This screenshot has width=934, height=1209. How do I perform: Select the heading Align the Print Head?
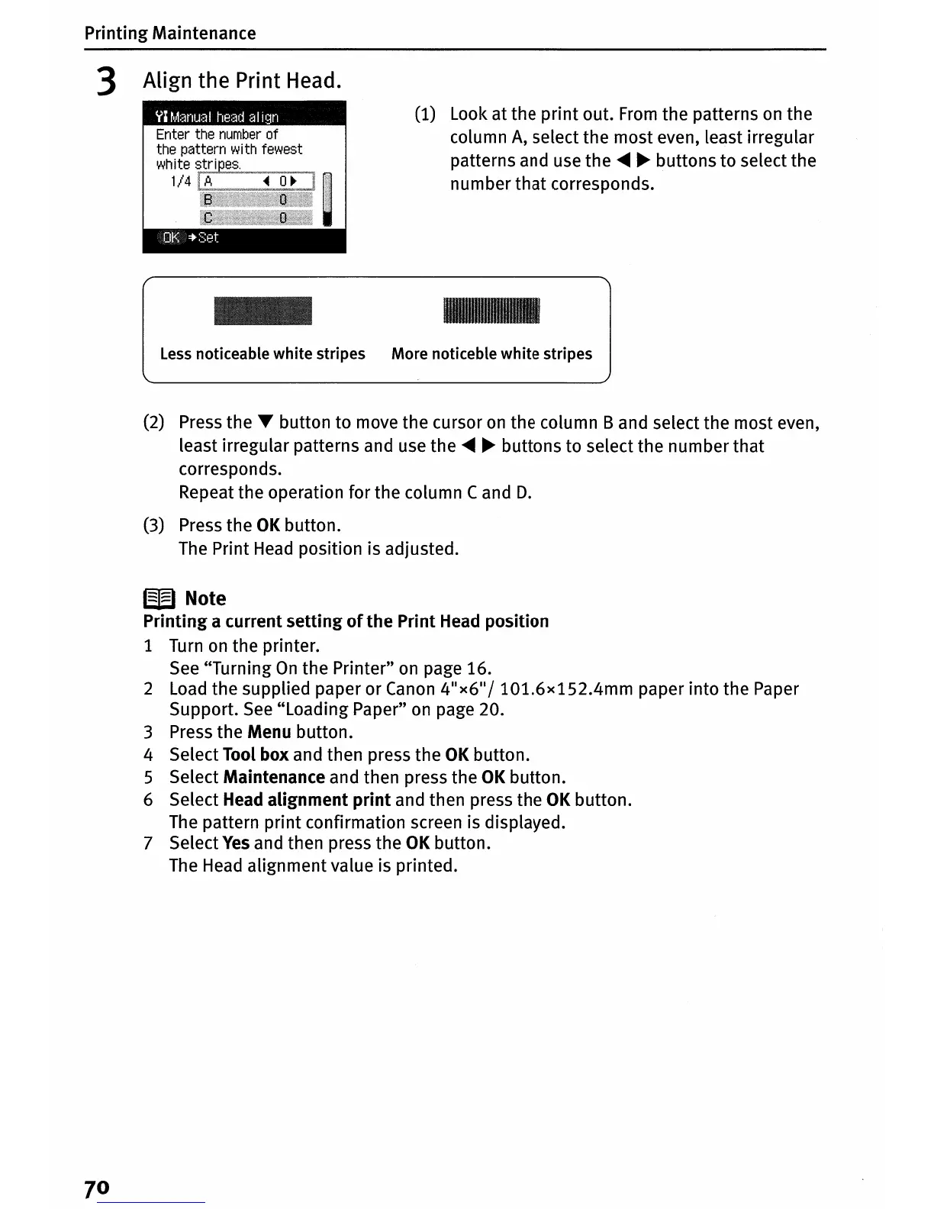241,80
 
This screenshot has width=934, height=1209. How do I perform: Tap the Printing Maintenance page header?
170,33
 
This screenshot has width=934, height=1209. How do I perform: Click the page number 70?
97,1188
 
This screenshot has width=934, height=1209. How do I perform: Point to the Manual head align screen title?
217,117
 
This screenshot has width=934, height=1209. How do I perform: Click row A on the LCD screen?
256,182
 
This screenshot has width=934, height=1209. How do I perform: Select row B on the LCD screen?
256,200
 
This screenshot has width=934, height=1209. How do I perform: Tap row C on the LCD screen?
256,218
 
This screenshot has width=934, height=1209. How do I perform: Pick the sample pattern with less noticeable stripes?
263,311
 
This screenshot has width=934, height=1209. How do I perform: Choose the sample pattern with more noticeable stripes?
491,311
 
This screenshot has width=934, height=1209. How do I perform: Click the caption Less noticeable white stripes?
262,353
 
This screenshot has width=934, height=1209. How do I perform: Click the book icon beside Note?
159,598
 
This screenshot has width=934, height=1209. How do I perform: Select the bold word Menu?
269,732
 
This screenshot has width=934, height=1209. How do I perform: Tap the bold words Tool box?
256,755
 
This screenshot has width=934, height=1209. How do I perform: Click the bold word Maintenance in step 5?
274,777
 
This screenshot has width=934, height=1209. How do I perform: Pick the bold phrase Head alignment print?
307,800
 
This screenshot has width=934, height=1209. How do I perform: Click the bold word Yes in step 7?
236,843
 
